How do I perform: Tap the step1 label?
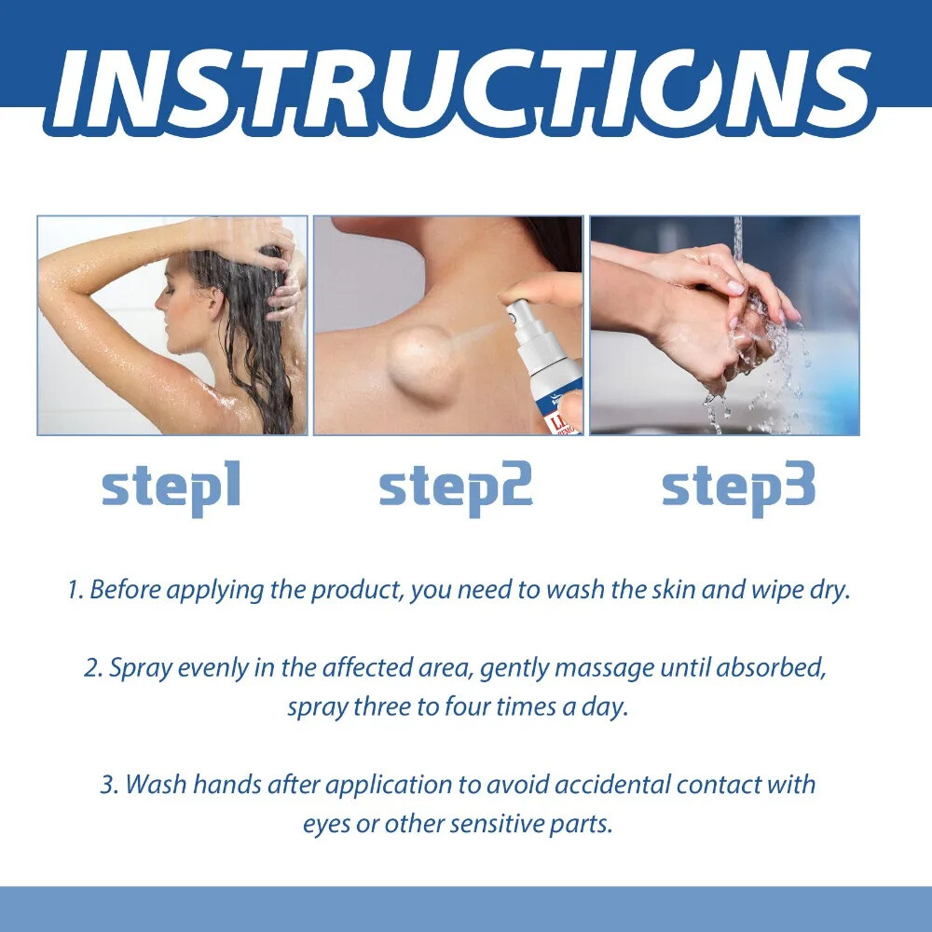pyautogui.click(x=171, y=488)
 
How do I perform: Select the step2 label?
pyautogui.click(x=456, y=488)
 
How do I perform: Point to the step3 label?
pyautogui.click(x=738, y=488)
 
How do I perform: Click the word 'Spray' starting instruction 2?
pyautogui.click(x=137, y=668)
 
